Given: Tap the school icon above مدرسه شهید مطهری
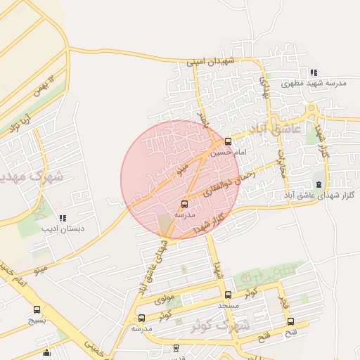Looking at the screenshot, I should point(313,72).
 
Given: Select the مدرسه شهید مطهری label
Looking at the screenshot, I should point(314,83).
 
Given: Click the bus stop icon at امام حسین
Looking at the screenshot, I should point(227,141).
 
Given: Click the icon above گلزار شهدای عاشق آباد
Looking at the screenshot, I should point(320,184).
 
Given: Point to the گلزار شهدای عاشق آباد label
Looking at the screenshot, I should point(313,194).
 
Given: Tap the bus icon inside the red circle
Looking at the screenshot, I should point(185,204).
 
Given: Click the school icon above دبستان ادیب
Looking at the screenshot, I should point(63,219).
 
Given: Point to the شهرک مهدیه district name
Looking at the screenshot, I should point(32,176).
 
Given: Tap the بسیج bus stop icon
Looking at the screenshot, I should point(37,309).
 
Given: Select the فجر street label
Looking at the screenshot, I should point(284,302).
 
